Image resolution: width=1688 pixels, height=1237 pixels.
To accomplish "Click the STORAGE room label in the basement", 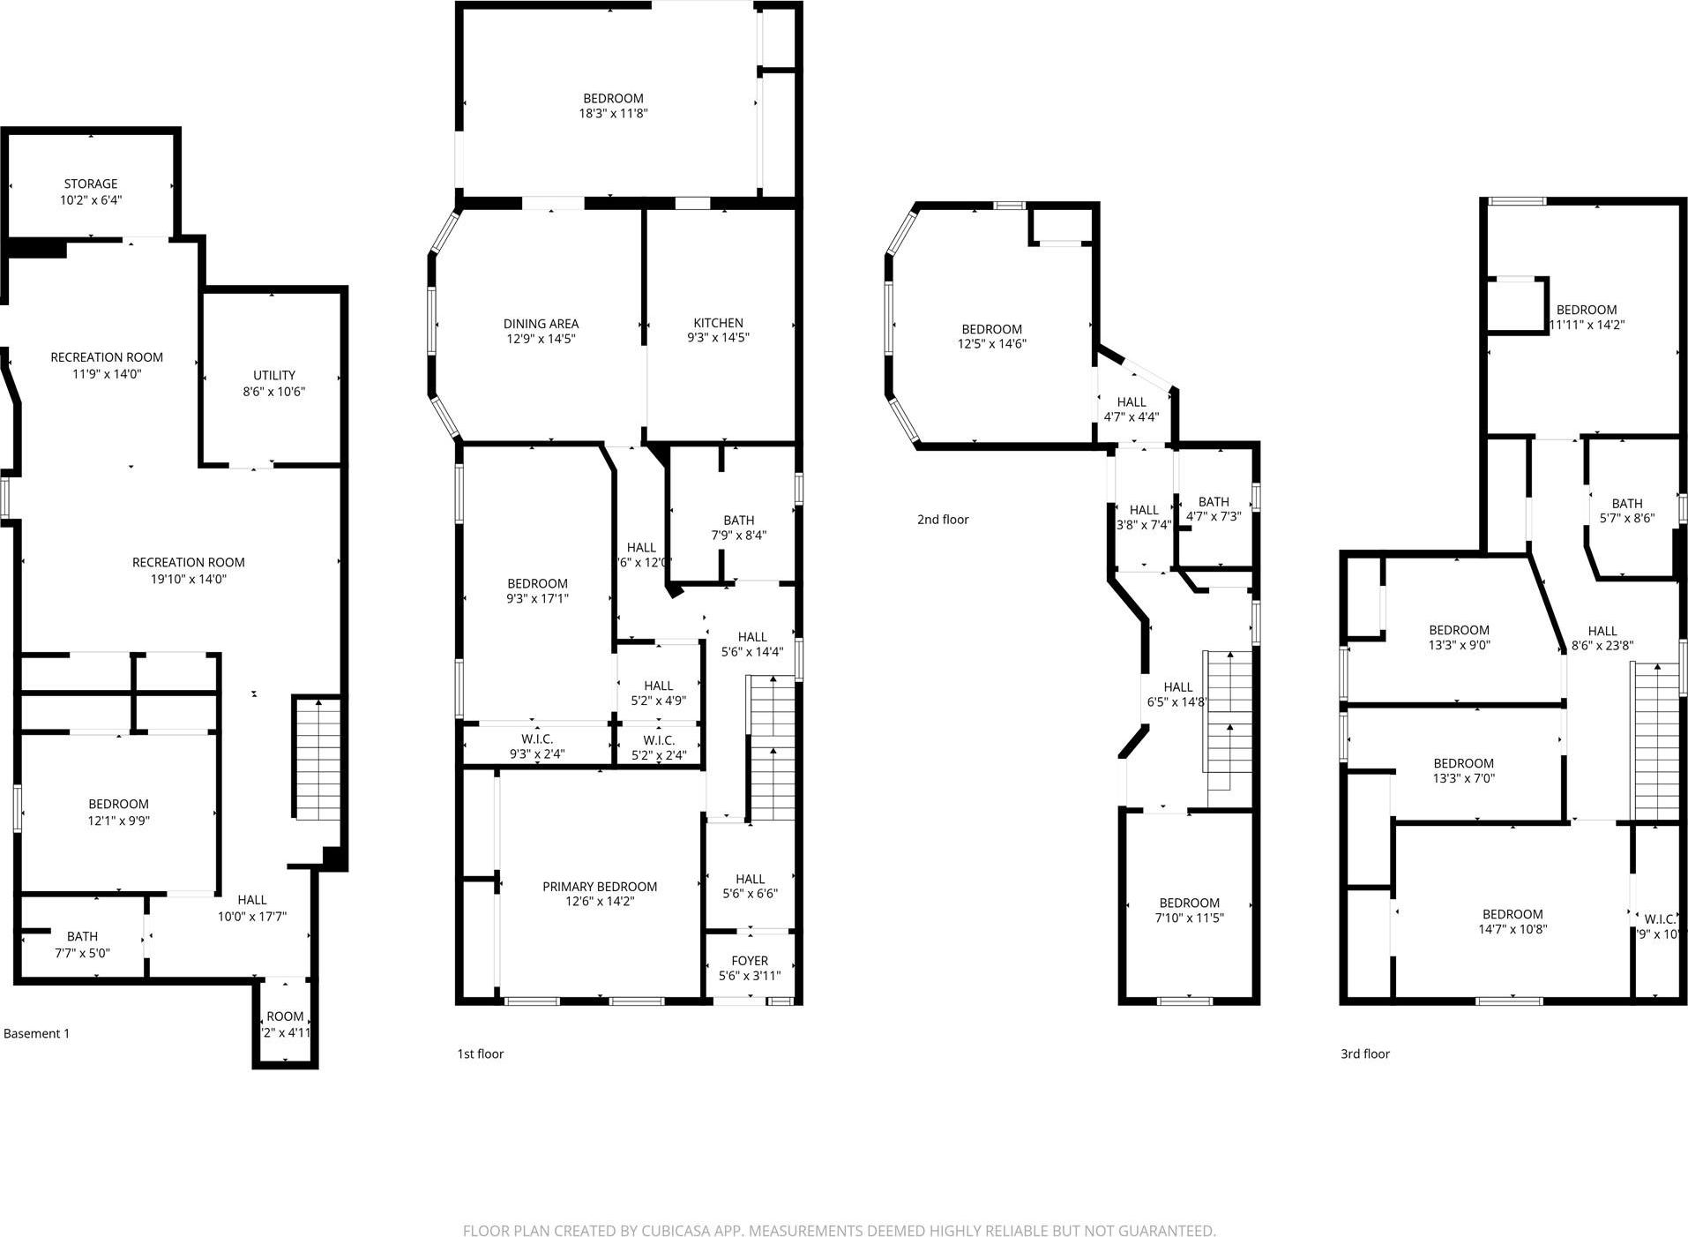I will pyautogui.click(x=90, y=184).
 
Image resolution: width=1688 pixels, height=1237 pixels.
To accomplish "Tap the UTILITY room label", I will pyautogui.click(x=274, y=375).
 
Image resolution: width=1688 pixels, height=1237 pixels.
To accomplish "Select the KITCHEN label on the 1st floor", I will pyautogui.click(x=718, y=323).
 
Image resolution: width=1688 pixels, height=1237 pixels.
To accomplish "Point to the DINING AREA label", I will pyautogui.click(x=541, y=324).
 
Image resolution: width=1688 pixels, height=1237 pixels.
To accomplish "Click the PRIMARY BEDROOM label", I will pyautogui.click(x=600, y=887).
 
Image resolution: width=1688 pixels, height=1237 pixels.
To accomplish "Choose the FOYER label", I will pyautogui.click(x=750, y=961).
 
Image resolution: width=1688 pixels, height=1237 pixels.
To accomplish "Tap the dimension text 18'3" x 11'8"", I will pyautogui.click(x=613, y=114).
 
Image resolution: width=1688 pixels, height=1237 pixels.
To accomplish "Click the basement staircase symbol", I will pyautogui.click(x=317, y=759).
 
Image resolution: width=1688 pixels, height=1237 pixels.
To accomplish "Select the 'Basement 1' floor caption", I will pyautogui.click(x=37, y=1033).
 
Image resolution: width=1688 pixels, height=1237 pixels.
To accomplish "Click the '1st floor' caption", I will pyautogui.click(x=481, y=1053).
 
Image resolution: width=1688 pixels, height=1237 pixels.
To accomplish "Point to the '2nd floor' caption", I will pyautogui.click(x=943, y=520).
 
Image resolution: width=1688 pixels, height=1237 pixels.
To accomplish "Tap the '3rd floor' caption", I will pyautogui.click(x=1365, y=1053).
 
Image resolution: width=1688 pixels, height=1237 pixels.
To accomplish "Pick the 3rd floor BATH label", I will pyautogui.click(x=1627, y=504).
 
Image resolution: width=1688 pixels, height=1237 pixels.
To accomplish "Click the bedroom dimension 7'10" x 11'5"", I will pyautogui.click(x=1189, y=918).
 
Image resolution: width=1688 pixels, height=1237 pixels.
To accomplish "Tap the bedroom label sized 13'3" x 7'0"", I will pyautogui.click(x=1463, y=764).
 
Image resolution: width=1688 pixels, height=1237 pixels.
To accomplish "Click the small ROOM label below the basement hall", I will pyautogui.click(x=285, y=1016).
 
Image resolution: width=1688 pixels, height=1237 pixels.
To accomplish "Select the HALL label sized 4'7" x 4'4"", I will pyautogui.click(x=1132, y=402).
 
